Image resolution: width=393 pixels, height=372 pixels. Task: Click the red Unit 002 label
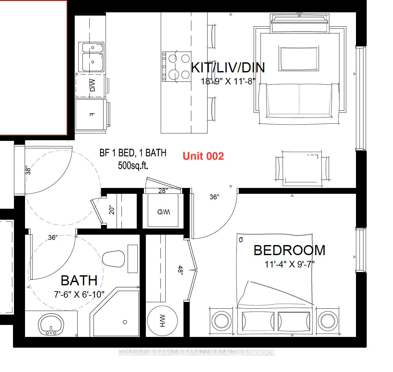203,156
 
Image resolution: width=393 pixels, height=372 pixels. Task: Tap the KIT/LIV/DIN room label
228,68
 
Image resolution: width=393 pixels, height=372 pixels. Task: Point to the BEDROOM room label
289,250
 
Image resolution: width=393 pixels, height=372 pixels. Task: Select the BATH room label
79,280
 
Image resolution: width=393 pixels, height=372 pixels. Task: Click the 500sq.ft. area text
133,166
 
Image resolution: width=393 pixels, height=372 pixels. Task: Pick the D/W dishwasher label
92,85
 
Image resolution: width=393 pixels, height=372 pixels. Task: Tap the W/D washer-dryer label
163,212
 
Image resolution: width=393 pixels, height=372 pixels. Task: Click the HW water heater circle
162,321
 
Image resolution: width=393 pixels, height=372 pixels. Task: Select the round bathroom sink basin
51,325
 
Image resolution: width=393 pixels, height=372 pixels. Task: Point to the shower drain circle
125,322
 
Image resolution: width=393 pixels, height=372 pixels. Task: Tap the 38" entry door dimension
28,170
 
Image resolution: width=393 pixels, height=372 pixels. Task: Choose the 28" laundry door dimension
163,191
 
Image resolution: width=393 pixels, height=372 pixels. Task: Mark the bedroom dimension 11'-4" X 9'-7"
289,264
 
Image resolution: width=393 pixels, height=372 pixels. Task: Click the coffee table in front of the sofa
299,59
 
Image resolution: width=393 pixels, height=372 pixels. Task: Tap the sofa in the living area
299,104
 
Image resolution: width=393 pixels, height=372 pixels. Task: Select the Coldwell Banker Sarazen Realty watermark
196,352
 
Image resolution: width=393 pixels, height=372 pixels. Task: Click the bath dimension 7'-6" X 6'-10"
79,294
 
